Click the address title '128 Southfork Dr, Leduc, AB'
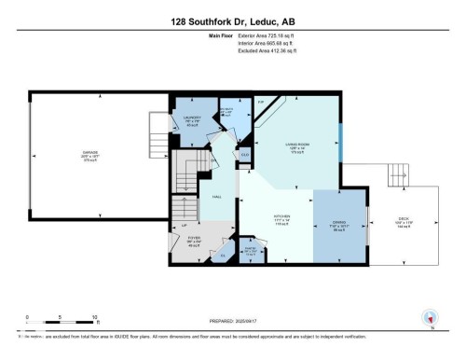pos(232,21)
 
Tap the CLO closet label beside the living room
pos(244,155)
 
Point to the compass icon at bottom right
pos(429,317)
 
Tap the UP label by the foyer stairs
pos(185,225)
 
